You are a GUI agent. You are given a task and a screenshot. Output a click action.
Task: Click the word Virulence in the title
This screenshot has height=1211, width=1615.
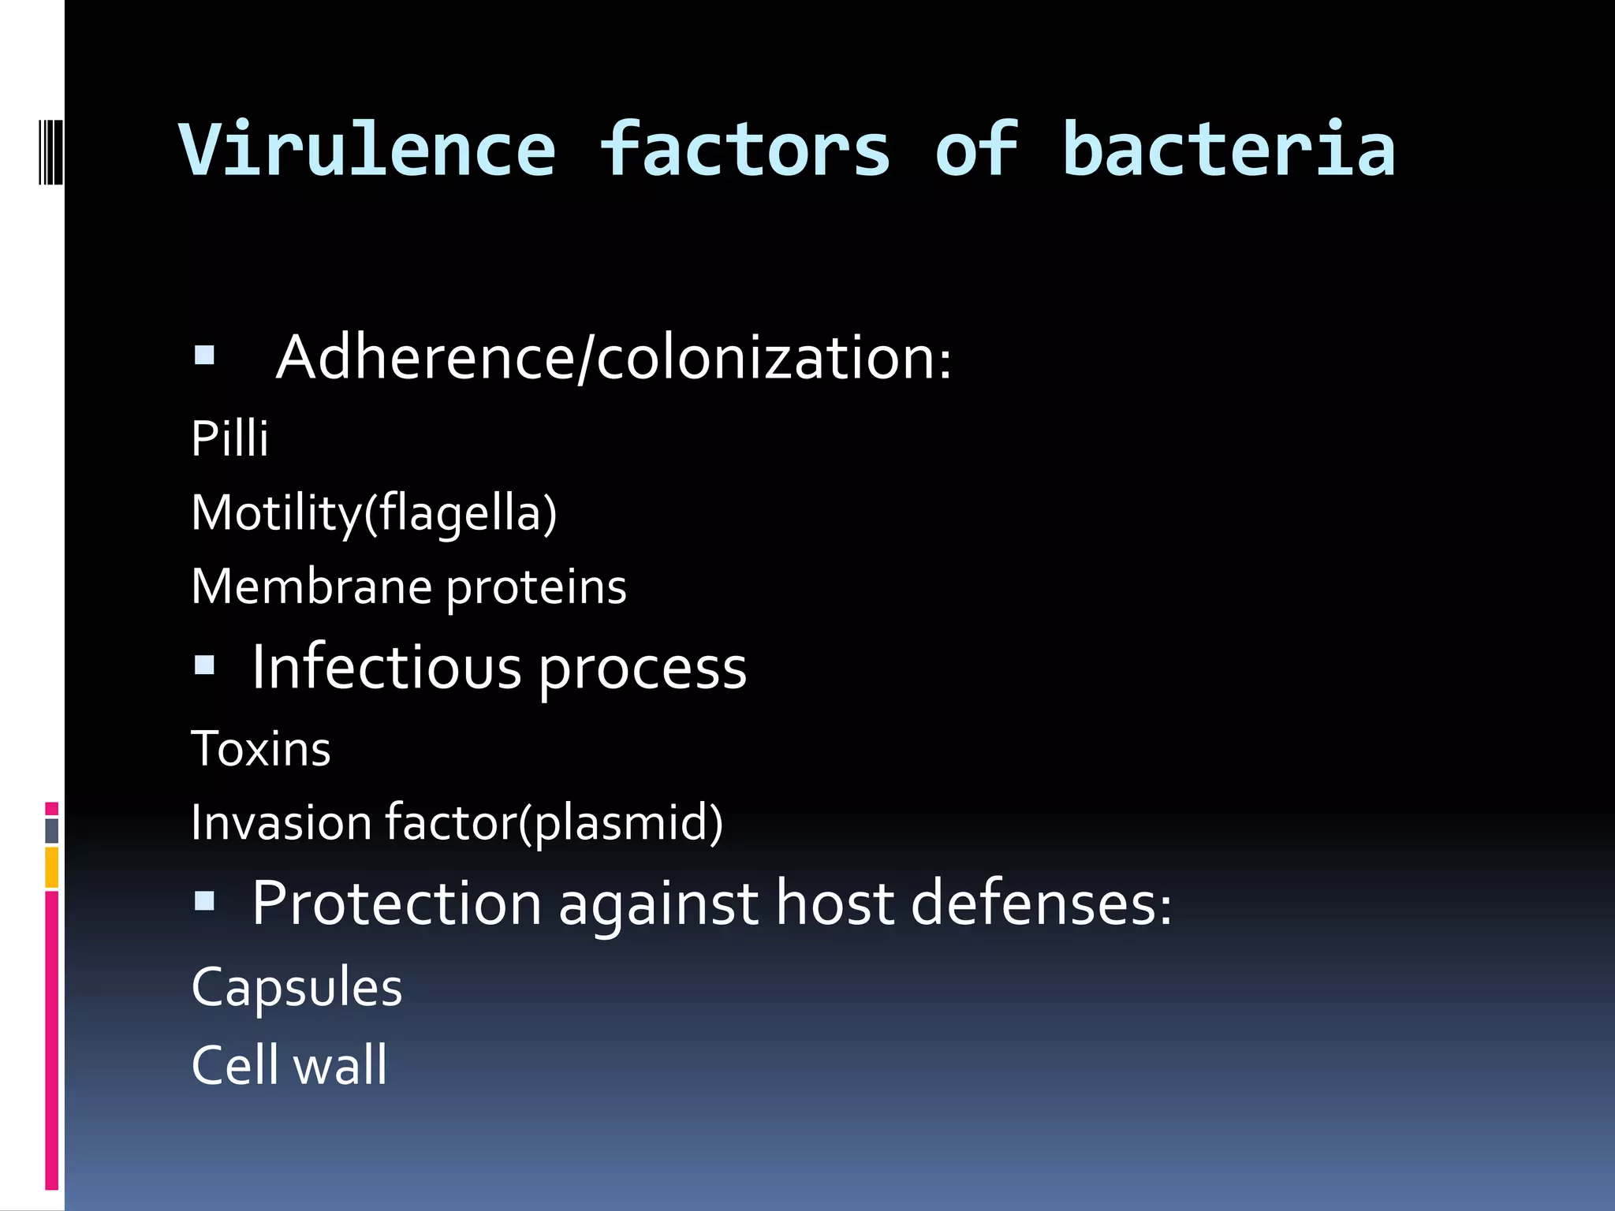(x=367, y=150)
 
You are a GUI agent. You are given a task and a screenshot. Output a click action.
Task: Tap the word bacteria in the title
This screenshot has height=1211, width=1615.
(x=1229, y=150)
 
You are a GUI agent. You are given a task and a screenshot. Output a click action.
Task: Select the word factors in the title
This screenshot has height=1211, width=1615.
(x=744, y=150)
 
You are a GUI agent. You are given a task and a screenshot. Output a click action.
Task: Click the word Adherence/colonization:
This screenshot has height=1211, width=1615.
(x=614, y=358)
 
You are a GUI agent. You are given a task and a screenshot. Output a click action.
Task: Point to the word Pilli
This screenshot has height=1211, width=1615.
(x=229, y=438)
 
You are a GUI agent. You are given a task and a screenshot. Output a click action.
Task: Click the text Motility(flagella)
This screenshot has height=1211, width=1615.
(x=374, y=513)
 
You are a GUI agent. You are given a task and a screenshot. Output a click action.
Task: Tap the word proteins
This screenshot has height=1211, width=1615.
(x=536, y=588)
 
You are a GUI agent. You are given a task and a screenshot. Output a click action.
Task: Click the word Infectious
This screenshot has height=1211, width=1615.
(x=386, y=668)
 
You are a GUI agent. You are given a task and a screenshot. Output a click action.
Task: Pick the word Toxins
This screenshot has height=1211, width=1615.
(x=261, y=748)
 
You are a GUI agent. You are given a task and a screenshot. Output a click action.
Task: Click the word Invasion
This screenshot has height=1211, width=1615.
(x=282, y=822)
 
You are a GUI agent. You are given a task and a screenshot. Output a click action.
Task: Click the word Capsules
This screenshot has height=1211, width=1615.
(x=297, y=987)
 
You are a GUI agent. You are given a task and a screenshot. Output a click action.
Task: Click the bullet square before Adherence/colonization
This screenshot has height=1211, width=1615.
(x=204, y=356)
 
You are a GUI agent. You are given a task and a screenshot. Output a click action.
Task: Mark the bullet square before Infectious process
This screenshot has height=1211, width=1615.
(x=204, y=666)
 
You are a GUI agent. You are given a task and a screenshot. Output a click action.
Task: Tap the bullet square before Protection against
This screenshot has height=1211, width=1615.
(x=204, y=900)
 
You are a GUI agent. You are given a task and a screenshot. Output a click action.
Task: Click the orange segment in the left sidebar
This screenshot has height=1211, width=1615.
(x=51, y=867)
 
